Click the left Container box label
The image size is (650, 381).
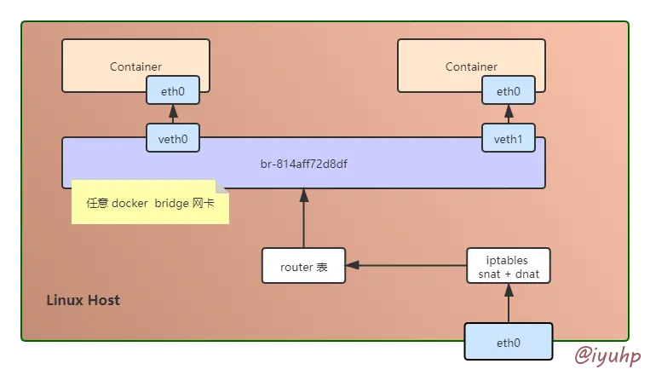pyautogui.click(x=135, y=66)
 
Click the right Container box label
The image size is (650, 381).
pyautogui.click(x=471, y=66)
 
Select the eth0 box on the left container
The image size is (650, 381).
pyautogui.click(x=173, y=90)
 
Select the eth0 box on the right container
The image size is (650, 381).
pyautogui.click(x=509, y=90)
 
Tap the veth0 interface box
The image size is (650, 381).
pyautogui.click(x=173, y=138)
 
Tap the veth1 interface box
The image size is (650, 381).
pyautogui.click(x=509, y=138)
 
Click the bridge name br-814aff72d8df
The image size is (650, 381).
pyautogui.click(x=303, y=162)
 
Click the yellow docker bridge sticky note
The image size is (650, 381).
pyautogui.click(x=150, y=203)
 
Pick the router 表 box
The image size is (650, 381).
pyautogui.click(x=303, y=266)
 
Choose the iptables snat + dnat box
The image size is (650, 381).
pyautogui.click(x=509, y=266)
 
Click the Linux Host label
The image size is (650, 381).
pyautogui.click(x=83, y=300)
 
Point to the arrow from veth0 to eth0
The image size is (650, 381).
pyautogui.click(x=173, y=114)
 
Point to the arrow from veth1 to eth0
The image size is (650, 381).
pyautogui.click(x=509, y=114)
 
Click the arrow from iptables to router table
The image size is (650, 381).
pyautogui.click(x=406, y=266)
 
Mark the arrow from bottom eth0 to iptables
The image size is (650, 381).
pyautogui.click(x=509, y=303)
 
